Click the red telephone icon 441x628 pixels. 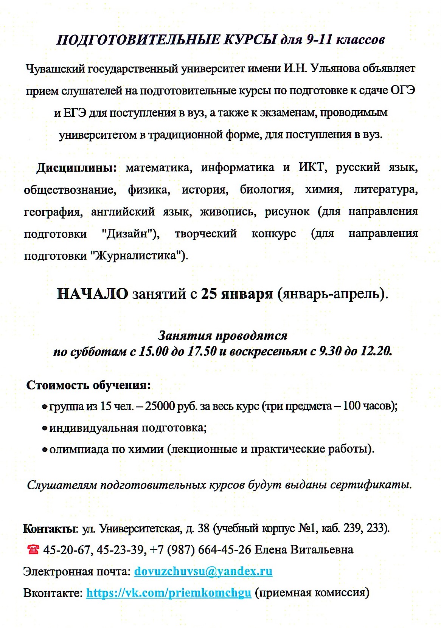[33, 549]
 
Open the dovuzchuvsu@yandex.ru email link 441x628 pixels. [203, 571]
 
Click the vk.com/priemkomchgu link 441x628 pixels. [169, 592]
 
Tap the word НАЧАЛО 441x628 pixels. [92, 294]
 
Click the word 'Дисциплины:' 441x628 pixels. [76, 167]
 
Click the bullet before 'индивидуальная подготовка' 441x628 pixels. [45, 428]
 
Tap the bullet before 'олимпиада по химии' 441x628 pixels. [45, 450]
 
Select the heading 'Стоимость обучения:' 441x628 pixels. [89, 385]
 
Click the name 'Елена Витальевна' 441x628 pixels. [304, 549]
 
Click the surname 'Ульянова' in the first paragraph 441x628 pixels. [333, 68]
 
